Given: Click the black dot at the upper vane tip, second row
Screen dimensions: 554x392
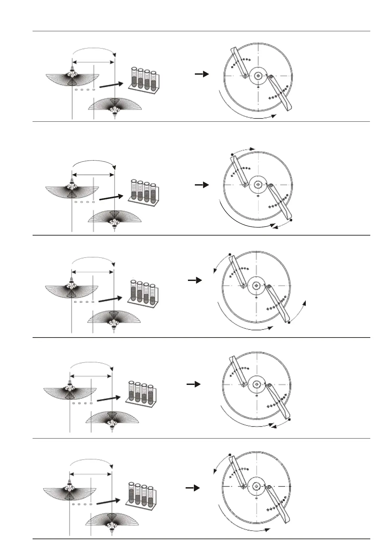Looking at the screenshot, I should (x=232, y=154).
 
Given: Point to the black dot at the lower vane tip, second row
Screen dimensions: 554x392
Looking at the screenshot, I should (x=292, y=219).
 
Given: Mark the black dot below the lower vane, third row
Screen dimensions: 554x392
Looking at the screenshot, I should (x=289, y=323).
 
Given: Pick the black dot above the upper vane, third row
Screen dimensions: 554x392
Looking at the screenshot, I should (x=230, y=254).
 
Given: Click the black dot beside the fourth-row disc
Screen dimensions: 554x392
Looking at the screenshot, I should (x=289, y=420).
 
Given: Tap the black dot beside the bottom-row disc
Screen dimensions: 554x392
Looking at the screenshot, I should (x=230, y=455).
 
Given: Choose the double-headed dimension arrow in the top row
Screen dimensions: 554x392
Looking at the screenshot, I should (x=93, y=62).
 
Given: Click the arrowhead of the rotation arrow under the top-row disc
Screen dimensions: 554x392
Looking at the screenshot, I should (x=274, y=115).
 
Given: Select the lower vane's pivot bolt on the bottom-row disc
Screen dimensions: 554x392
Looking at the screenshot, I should (x=269, y=487).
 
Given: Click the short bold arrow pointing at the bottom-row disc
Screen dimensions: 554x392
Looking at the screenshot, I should (x=193, y=488).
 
